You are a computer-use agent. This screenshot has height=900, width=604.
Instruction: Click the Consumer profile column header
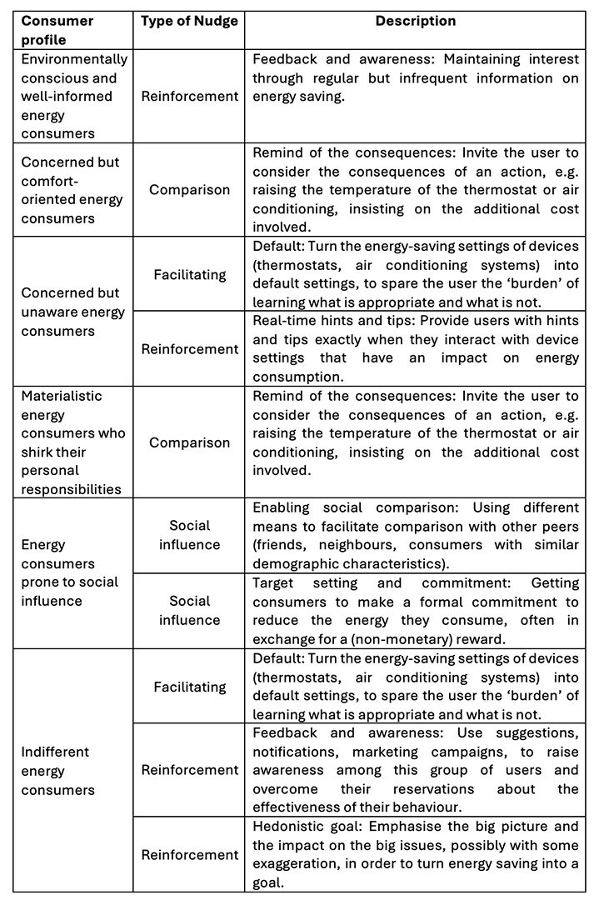tap(57, 30)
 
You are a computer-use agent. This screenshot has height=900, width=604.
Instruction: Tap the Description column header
tap(415, 21)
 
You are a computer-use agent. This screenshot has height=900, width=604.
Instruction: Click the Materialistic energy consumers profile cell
tap(73, 442)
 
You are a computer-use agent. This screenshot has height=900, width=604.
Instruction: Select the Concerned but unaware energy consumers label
tap(73, 312)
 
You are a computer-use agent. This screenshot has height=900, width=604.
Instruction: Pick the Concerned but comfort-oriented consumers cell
tap(72, 190)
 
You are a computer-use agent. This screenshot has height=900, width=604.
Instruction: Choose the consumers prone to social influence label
tap(70, 573)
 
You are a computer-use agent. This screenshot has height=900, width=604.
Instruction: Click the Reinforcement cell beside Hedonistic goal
tap(190, 854)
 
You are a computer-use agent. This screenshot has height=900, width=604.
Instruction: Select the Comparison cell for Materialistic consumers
tap(190, 442)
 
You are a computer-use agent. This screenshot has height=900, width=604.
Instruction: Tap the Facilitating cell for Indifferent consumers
tap(190, 687)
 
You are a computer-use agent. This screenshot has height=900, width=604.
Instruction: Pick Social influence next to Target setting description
tap(190, 611)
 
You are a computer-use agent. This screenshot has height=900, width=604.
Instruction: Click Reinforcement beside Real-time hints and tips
tap(190, 349)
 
